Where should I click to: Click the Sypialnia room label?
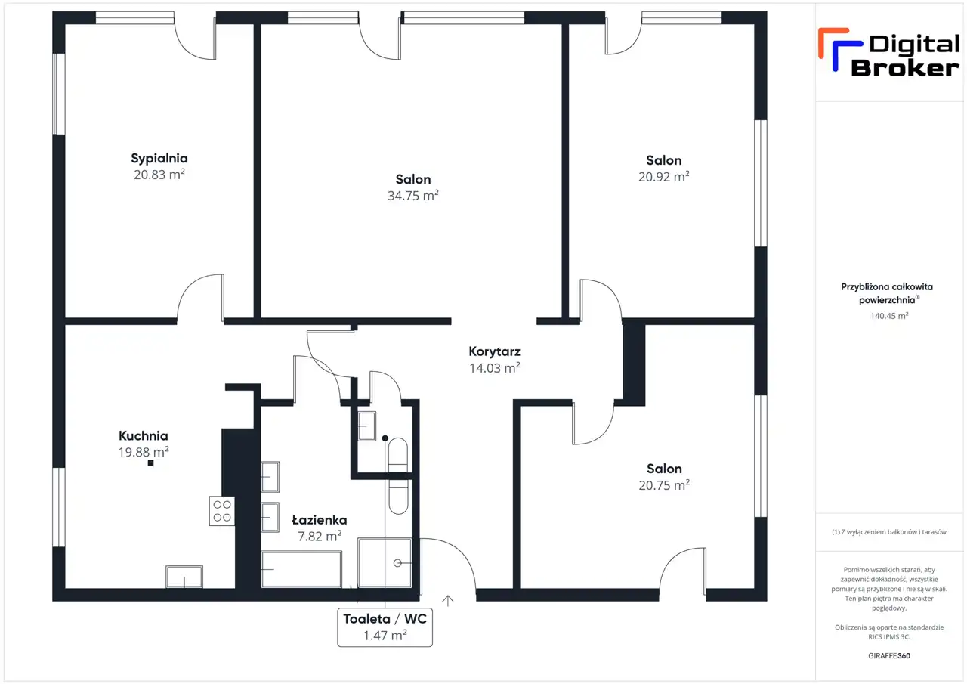(x=159, y=159)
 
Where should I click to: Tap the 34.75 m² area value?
(x=413, y=196)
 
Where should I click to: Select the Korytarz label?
(x=495, y=351)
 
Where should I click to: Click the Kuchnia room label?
(x=144, y=435)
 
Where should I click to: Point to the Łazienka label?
(x=320, y=520)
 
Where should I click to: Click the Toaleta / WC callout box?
(x=385, y=627)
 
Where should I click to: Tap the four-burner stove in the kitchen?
(x=222, y=511)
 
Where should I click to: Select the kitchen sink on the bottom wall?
(x=184, y=577)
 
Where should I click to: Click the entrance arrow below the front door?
(x=448, y=601)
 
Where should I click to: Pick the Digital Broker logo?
(x=889, y=53)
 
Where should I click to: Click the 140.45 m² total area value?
(x=889, y=316)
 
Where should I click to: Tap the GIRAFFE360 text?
(x=889, y=655)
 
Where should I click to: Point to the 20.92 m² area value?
(x=664, y=177)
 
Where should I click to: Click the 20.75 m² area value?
(x=664, y=485)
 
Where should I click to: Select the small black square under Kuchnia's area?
(x=150, y=463)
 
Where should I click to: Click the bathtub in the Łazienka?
(x=301, y=569)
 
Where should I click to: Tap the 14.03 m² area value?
(x=495, y=368)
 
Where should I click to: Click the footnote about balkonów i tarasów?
(x=889, y=532)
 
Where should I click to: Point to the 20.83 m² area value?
(x=159, y=175)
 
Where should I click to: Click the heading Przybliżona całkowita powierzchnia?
(x=887, y=293)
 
